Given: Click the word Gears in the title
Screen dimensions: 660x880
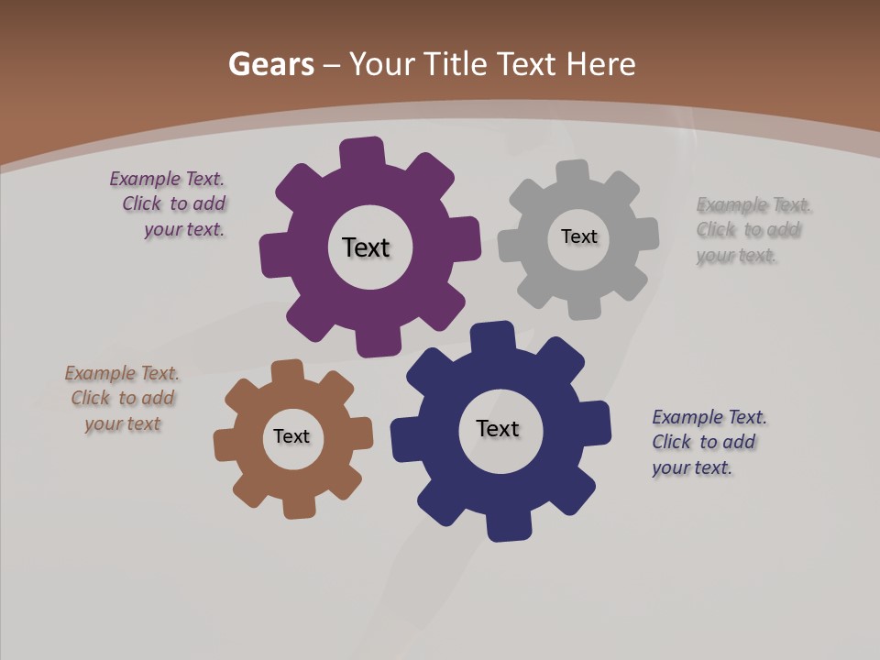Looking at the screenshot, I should (x=270, y=64).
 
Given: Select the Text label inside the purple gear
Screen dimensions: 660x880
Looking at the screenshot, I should (x=366, y=247).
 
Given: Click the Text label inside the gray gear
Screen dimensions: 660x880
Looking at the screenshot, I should (x=578, y=236).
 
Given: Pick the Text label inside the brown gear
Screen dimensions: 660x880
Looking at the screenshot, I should (x=291, y=436).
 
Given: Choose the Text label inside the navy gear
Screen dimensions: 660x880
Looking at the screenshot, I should (x=498, y=428).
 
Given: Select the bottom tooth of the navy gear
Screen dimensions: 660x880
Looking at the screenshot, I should (x=508, y=527).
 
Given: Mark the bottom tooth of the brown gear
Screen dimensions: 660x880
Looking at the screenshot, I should (x=299, y=506).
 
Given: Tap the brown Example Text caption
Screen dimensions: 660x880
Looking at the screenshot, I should (x=122, y=399).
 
